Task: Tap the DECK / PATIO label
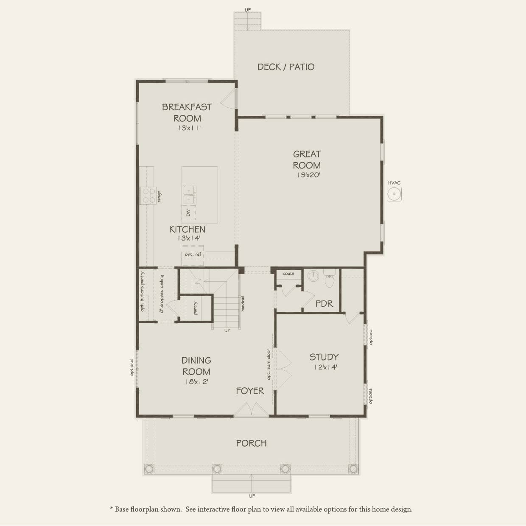pos(286,67)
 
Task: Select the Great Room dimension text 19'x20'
pos(307,175)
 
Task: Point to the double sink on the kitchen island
pos(189,195)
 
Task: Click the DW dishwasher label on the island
pos(188,213)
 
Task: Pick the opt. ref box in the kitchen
pos(193,255)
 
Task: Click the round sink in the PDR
pos(313,276)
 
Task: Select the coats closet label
pos(288,274)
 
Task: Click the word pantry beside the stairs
pos(195,308)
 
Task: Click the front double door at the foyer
pos(252,410)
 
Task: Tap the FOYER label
pos(250,391)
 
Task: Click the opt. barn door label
pos(269,364)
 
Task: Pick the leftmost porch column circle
pos(149,469)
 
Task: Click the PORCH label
pos(252,443)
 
